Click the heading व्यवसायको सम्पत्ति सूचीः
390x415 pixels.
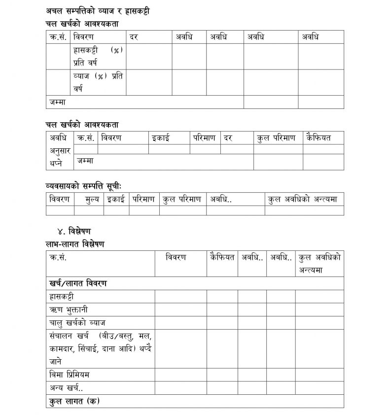(83, 185)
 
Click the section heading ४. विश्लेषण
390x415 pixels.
(74, 231)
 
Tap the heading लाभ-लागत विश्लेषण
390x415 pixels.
(75, 244)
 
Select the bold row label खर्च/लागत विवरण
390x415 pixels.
(78, 283)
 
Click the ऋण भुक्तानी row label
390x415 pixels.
(69, 310)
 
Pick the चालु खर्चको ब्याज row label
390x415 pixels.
(77, 323)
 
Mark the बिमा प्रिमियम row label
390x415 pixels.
(70, 375)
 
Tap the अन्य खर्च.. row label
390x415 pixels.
(66, 388)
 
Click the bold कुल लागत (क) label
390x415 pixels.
(74, 401)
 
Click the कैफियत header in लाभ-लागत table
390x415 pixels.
(222, 257)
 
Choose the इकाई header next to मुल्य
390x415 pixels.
(116, 199)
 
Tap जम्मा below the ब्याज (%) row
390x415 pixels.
(57, 102)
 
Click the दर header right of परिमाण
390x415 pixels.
(228, 138)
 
